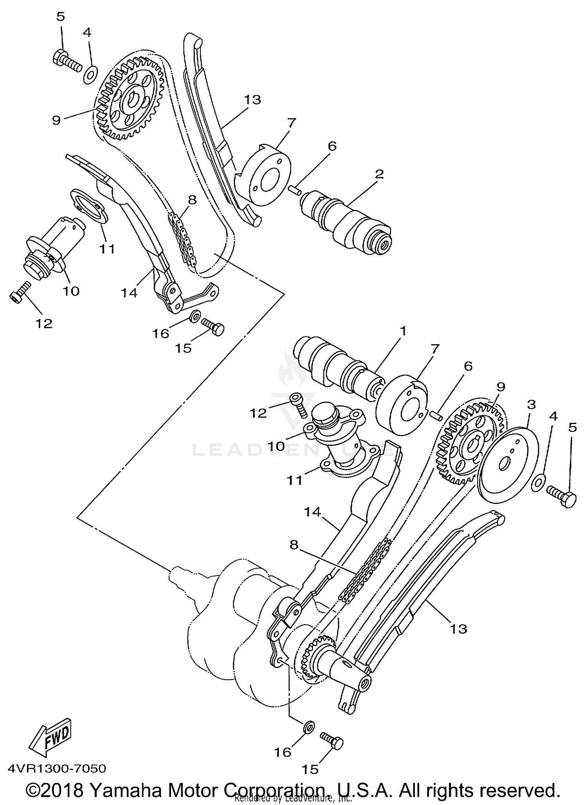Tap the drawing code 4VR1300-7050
(56, 769)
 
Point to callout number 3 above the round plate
(531, 404)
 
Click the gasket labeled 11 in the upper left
(89, 207)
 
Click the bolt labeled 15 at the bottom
(332, 740)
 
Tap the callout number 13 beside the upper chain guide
(253, 100)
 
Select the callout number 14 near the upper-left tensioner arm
(129, 292)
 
